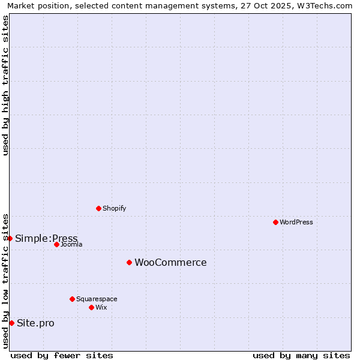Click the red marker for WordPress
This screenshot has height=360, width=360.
coord(275,222)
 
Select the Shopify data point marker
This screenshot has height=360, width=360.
coord(98,208)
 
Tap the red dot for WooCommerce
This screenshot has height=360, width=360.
coord(129,262)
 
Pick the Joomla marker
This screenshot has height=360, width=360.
coord(56,244)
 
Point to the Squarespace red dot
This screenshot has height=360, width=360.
coord(72,299)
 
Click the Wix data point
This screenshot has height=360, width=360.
coord(91,307)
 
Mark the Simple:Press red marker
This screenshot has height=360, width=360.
coord(10,238)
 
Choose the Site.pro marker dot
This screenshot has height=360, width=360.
coord(11,323)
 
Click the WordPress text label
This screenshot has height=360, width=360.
coord(296,222)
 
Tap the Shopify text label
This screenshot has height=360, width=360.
coord(115,208)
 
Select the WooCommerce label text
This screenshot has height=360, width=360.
coord(170,262)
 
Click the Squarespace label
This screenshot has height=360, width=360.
coord(97,299)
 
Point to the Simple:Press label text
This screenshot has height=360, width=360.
coord(46,238)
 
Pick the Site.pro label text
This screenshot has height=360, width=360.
coord(35,323)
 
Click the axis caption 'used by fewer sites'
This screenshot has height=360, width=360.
coord(62,355)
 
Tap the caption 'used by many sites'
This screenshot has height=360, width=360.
coord(301,355)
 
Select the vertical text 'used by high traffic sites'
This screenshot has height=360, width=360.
coord(5,85)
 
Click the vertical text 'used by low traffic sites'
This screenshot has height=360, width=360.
coord(5,281)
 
